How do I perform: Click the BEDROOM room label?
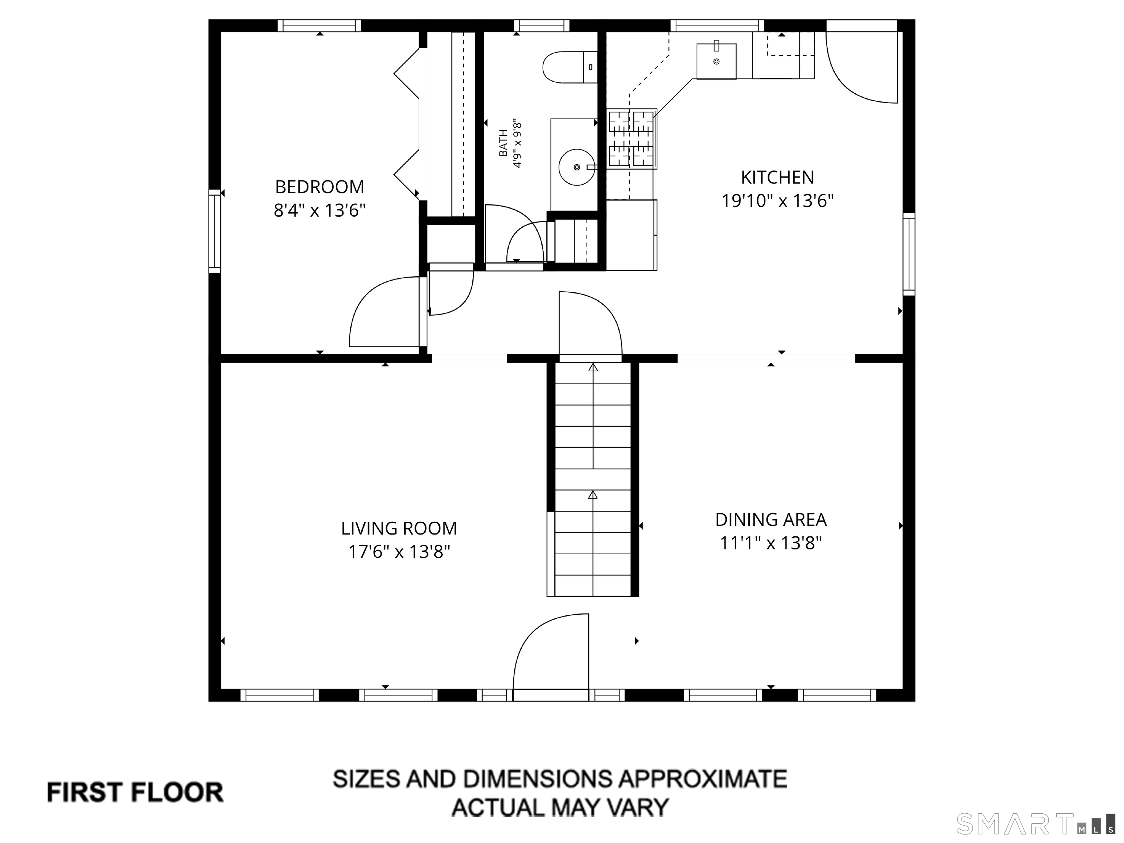click(320, 187)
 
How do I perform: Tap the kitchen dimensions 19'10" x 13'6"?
click(778, 201)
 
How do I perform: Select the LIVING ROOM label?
click(399, 528)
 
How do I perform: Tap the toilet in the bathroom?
click(570, 67)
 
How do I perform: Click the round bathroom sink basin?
click(576, 167)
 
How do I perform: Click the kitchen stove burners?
click(632, 138)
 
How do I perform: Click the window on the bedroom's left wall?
click(215, 231)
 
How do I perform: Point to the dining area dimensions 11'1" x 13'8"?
click(771, 543)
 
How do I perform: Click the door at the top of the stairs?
click(591, 325)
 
